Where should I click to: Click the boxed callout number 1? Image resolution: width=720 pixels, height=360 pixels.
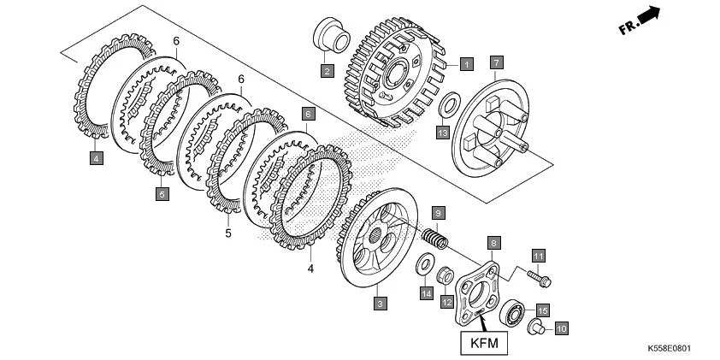[x=466, y=63]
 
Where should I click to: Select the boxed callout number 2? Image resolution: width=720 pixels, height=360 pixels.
[x=327, y=71]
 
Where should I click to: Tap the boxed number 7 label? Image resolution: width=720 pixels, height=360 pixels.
[x=496, y=62]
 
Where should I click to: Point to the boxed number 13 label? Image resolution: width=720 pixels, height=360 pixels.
[x=441, y=133]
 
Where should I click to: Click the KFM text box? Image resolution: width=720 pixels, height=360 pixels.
[x=484, y=344]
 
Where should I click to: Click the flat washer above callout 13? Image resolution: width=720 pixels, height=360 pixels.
[x=446, y=105]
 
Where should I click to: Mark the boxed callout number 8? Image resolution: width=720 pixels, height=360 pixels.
[x=493, y=243]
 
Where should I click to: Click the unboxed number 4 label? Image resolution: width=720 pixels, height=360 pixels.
[x=310, y=269]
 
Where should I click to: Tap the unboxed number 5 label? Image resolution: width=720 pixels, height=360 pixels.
[x=228, y=233]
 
